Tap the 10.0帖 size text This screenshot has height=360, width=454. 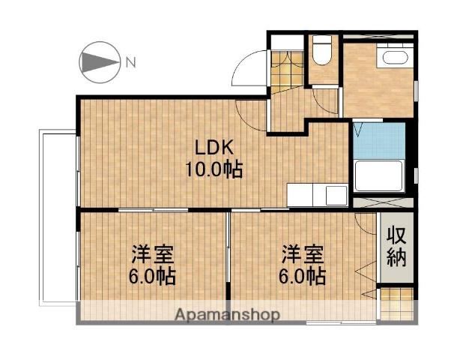click(x=214, y=169)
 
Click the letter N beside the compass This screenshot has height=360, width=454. click(x=130, y=63)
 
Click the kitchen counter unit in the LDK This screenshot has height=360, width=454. click(x=317, y=196)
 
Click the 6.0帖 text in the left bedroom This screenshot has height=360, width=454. click(x=154, y=276)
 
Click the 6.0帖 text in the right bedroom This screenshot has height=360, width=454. click(x=303, y=276)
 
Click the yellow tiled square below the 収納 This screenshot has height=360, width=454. click(x=396, y=303)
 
